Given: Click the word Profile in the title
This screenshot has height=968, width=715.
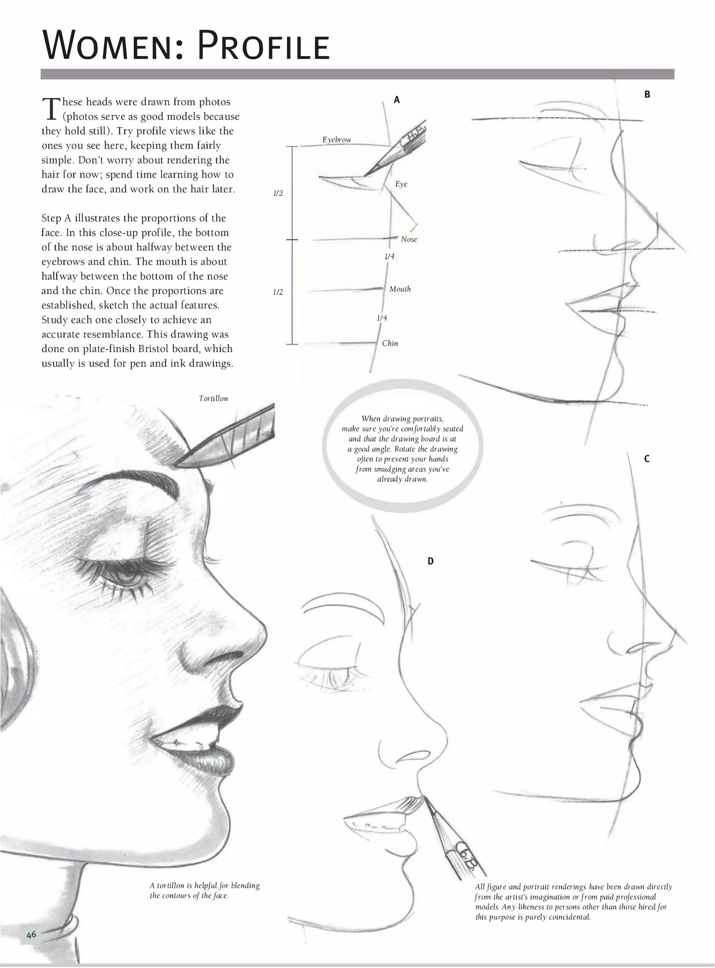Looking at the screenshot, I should [x=264, y=45].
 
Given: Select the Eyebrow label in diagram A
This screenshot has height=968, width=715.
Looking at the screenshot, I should [x=336, y=139].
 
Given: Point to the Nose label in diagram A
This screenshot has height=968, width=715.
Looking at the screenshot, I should [x=408, y=239].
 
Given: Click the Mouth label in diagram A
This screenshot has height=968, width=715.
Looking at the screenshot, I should [x=399, y=289].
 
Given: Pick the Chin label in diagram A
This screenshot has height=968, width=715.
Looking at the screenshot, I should [x=390, y=343].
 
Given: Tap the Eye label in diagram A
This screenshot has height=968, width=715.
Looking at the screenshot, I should [x=401, y=184].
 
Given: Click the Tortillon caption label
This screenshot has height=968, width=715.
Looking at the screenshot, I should [x=213, y=399].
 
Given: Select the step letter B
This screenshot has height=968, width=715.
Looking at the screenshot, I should [x=647, y=94].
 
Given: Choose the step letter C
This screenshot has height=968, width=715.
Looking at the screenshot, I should [x=647, y=459].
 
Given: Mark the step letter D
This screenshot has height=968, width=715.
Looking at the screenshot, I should [x=430, y=561].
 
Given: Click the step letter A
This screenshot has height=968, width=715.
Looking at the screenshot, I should [x=397, y=100].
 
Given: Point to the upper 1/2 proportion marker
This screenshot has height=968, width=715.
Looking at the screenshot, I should [x=278, y=193].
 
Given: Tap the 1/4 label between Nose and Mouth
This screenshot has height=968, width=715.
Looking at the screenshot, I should [x=389, y=256].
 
